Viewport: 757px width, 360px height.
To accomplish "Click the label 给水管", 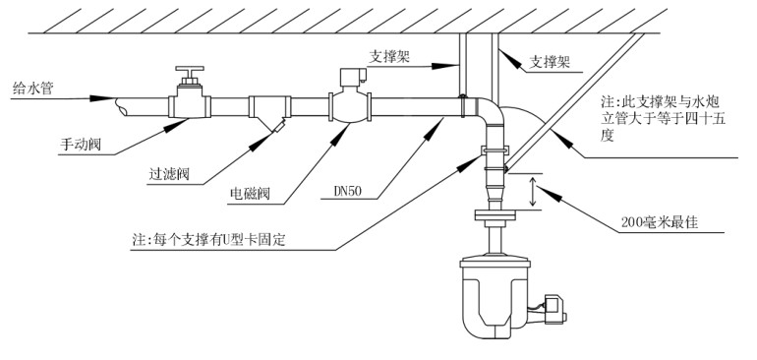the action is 32,89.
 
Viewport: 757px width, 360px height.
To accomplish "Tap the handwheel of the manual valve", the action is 190,68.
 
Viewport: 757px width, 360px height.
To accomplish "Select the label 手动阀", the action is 81,145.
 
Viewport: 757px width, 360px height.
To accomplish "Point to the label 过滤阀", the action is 169,174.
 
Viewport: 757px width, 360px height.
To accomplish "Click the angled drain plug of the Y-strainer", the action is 277,127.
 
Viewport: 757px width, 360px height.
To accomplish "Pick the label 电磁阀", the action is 250,194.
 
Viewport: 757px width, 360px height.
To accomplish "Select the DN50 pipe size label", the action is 348,192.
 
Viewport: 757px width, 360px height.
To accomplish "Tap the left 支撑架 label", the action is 390,57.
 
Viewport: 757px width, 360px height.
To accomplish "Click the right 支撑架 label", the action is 550,62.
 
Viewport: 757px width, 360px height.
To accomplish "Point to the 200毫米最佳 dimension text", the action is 660,222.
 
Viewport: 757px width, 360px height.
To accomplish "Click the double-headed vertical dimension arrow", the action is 533,193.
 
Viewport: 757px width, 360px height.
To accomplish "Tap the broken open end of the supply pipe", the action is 121,107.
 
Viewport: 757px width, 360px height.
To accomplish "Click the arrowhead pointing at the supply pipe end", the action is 103,98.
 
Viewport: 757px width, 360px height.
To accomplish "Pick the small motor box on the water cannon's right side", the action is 553,308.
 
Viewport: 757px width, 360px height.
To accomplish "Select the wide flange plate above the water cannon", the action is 495,215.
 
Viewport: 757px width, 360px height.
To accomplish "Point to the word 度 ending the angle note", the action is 608,136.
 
